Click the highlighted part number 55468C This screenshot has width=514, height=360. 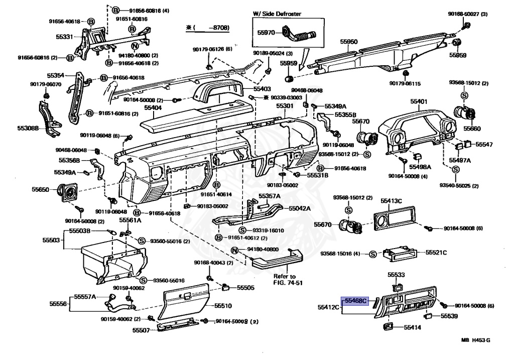coord(356,301)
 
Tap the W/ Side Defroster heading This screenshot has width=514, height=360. coord(277,14)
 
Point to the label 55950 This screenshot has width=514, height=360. coord(348,42)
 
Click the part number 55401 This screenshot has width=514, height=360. coord(419,101)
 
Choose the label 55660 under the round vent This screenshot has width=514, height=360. coord(472,129)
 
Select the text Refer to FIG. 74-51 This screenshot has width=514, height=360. coord(288,280)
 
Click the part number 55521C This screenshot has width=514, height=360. coord(436,253)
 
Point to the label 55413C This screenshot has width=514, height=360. coord(391,201)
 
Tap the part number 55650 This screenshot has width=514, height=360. coord(41,190)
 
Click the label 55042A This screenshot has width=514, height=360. coord(300,208)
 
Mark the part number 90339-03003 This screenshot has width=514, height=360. coord(286,98)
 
